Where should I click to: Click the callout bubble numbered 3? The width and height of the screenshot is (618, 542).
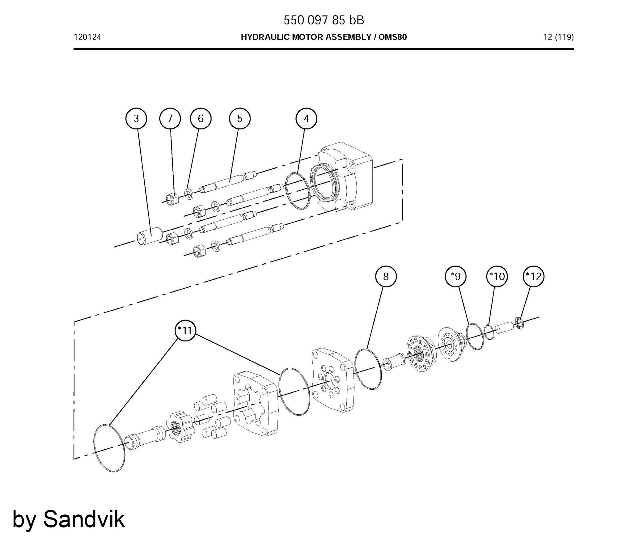tap(136, 119)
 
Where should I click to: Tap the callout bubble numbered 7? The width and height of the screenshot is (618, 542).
tap(170, 119)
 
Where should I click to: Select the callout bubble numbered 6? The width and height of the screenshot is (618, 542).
tap(201, 119)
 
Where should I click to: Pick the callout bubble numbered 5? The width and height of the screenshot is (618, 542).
tap(240, 119)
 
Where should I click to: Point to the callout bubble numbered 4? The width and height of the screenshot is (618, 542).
tap(306, 119)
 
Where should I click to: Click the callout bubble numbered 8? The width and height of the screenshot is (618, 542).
tap(386, 276)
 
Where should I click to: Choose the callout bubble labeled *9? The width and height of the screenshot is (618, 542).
tap(456, 276)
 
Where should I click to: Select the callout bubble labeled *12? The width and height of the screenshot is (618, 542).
tap(534, 276)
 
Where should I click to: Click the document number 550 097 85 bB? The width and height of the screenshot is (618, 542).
tap(324, 20)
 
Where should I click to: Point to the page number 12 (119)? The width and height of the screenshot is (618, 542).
tap(558, 37)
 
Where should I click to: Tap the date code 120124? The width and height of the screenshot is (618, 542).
tap(87, 37)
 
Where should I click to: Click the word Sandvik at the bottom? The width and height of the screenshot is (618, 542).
tap(84, 519)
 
